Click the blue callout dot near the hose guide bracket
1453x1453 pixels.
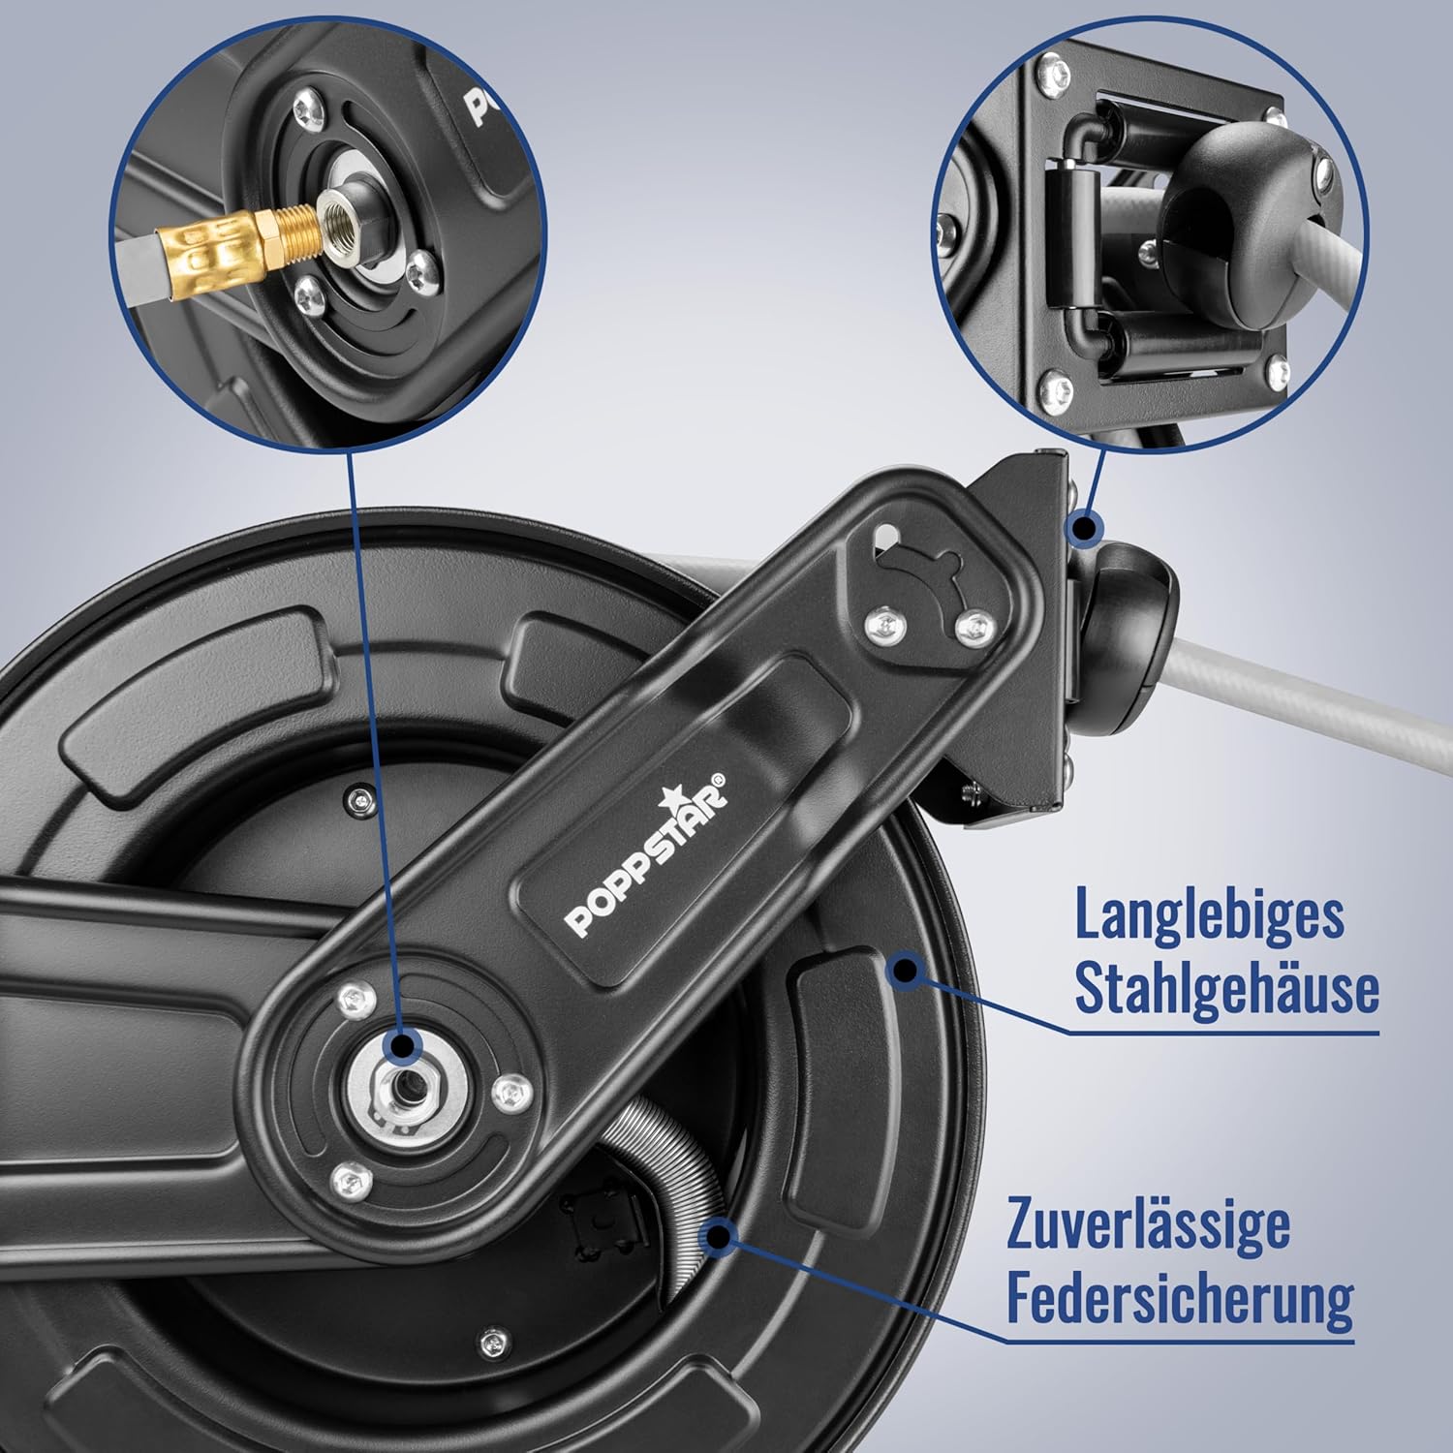[1086, 527]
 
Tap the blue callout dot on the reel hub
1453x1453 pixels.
[401, 1045]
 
